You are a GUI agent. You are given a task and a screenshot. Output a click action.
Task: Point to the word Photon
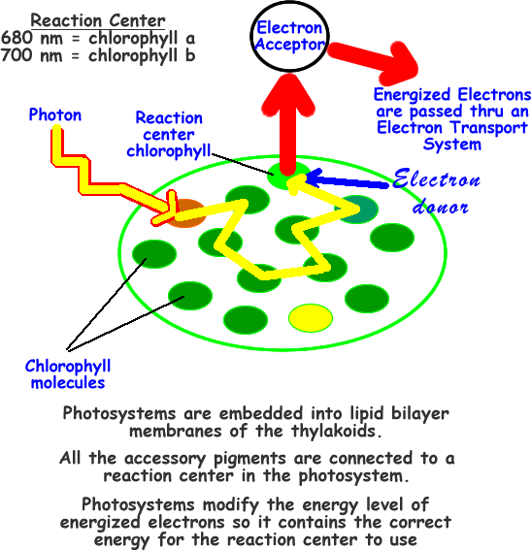(54, 115)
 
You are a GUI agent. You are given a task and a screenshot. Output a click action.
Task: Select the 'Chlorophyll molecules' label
(68, 374)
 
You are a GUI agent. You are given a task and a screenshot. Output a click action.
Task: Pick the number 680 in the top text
(17, 38)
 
